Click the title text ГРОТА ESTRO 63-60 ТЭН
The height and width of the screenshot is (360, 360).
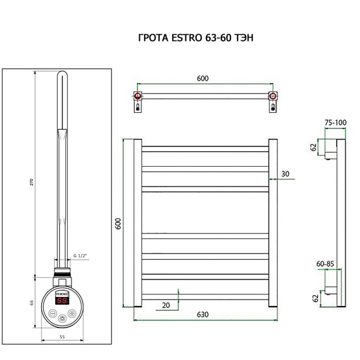pos(196,38)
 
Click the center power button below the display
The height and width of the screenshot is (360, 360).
pos(62,313)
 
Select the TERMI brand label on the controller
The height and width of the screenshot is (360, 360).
pos(62,295)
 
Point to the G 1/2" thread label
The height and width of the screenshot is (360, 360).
pos(80,256)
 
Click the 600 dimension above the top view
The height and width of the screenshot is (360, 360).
pos(203,79)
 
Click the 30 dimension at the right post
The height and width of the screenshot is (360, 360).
pos(285,174)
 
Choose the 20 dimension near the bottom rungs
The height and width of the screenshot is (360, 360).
pos(166,305)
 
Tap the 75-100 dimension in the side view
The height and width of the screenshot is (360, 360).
pos(335,122)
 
